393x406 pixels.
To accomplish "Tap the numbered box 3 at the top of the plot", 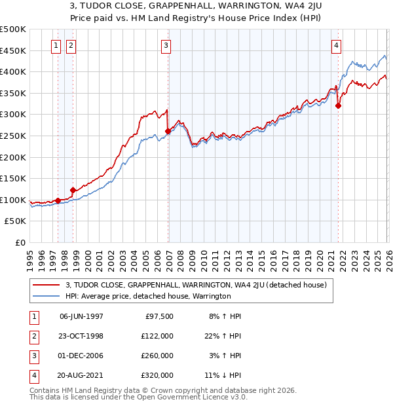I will click(166, 45).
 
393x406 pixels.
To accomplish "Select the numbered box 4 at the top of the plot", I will click(336, 45).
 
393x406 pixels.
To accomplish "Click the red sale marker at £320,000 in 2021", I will click(339, 105).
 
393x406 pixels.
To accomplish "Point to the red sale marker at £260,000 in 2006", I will click(168, 131).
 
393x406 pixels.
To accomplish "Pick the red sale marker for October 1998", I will click(73, 190).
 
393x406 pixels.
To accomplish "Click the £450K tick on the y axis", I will click(13, 50).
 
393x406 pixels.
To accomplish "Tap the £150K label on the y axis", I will click(13, 178).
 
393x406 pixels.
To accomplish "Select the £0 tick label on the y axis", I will click(20, 242).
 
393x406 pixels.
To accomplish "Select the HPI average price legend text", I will click(148, 296).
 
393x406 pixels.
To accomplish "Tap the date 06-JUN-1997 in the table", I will click(81, 316).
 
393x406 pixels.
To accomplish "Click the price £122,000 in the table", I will click(157, 335).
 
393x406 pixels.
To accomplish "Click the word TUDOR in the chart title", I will click(122, 6).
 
